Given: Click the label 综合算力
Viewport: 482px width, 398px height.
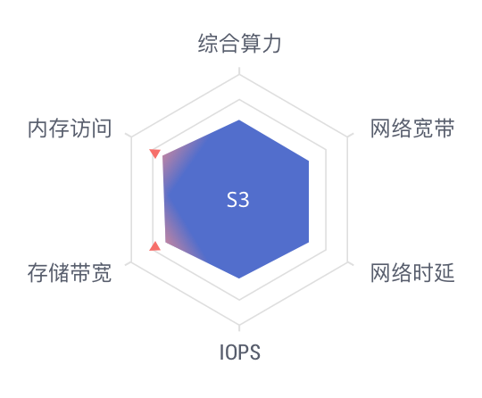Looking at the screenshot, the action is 239,44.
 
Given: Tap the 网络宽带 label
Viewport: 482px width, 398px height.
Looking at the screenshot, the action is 412,129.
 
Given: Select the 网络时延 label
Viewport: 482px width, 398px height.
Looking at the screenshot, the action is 412,272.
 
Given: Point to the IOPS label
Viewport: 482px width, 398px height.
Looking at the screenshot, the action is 240,352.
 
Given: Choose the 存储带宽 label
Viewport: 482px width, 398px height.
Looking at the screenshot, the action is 70,272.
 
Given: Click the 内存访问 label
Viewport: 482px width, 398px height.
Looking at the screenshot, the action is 70,129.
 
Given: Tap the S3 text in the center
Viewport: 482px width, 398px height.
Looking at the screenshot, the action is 238,200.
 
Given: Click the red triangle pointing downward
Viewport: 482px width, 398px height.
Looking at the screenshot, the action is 155,153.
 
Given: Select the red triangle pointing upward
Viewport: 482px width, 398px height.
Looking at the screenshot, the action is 155,246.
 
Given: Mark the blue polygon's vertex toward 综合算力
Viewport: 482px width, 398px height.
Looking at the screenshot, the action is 239,120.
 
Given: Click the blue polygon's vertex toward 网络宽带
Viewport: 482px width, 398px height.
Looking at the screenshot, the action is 309,161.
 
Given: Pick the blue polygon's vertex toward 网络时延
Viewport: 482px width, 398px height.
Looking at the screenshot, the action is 309,242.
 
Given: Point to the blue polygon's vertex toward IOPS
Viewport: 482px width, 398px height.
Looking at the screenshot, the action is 239,278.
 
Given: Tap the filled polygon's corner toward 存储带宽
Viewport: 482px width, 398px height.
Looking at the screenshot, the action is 166,242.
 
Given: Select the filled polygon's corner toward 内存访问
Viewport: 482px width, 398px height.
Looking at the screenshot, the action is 162,156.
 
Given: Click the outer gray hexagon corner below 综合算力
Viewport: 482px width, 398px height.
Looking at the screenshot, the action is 239,75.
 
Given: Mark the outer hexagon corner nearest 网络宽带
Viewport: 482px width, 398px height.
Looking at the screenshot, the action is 348,137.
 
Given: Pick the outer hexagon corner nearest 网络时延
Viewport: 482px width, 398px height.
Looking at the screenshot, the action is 348,262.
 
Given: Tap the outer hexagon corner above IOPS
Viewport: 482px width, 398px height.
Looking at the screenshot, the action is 239,325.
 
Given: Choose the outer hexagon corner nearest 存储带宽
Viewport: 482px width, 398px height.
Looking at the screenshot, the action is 131,262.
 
